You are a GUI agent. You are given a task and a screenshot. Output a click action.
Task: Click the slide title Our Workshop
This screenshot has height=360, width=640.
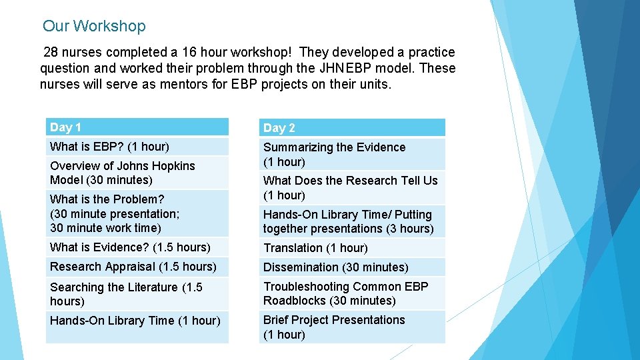tap(94, 27)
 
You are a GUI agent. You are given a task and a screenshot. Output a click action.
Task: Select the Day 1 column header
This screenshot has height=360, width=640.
tap(137, 127)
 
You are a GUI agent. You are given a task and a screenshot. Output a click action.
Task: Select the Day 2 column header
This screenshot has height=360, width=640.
tap(351, 128)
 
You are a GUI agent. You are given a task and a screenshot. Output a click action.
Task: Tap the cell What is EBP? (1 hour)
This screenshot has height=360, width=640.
tap(137, 147)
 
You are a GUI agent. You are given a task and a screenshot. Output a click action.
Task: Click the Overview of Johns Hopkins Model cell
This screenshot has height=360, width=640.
tap(137, 173)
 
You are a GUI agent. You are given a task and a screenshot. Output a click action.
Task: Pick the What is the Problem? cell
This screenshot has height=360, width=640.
tap(137, 213)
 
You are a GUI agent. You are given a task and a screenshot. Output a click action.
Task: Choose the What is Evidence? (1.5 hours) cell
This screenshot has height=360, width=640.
tap(137, 247)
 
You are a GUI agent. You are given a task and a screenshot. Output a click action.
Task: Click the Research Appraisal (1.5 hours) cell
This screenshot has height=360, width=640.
tap(137, 267)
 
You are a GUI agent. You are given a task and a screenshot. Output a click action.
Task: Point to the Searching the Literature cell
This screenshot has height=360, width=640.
tap(137, 294)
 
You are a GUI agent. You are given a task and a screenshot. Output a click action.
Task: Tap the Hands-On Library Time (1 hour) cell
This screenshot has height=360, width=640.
tap(137, 321)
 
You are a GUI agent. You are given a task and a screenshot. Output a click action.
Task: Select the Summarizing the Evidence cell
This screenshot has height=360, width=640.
tap(351, 155)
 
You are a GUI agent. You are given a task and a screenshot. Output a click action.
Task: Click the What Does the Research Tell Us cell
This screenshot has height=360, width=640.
tap(351, 188)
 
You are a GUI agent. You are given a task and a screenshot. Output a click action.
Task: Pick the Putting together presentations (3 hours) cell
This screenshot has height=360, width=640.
tap(351, 222)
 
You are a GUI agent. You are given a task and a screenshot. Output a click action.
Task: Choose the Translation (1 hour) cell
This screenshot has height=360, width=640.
tap(351, 248)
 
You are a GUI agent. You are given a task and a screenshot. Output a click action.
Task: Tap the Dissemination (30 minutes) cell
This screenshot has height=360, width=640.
tap(351, 267)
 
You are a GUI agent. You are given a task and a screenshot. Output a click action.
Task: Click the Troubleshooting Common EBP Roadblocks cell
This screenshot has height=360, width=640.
tap(351, 294)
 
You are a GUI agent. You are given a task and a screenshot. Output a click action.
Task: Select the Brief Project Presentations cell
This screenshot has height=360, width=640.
tap(351, 327)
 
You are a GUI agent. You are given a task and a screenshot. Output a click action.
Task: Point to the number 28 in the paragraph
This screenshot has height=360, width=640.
tap(51, 53)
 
